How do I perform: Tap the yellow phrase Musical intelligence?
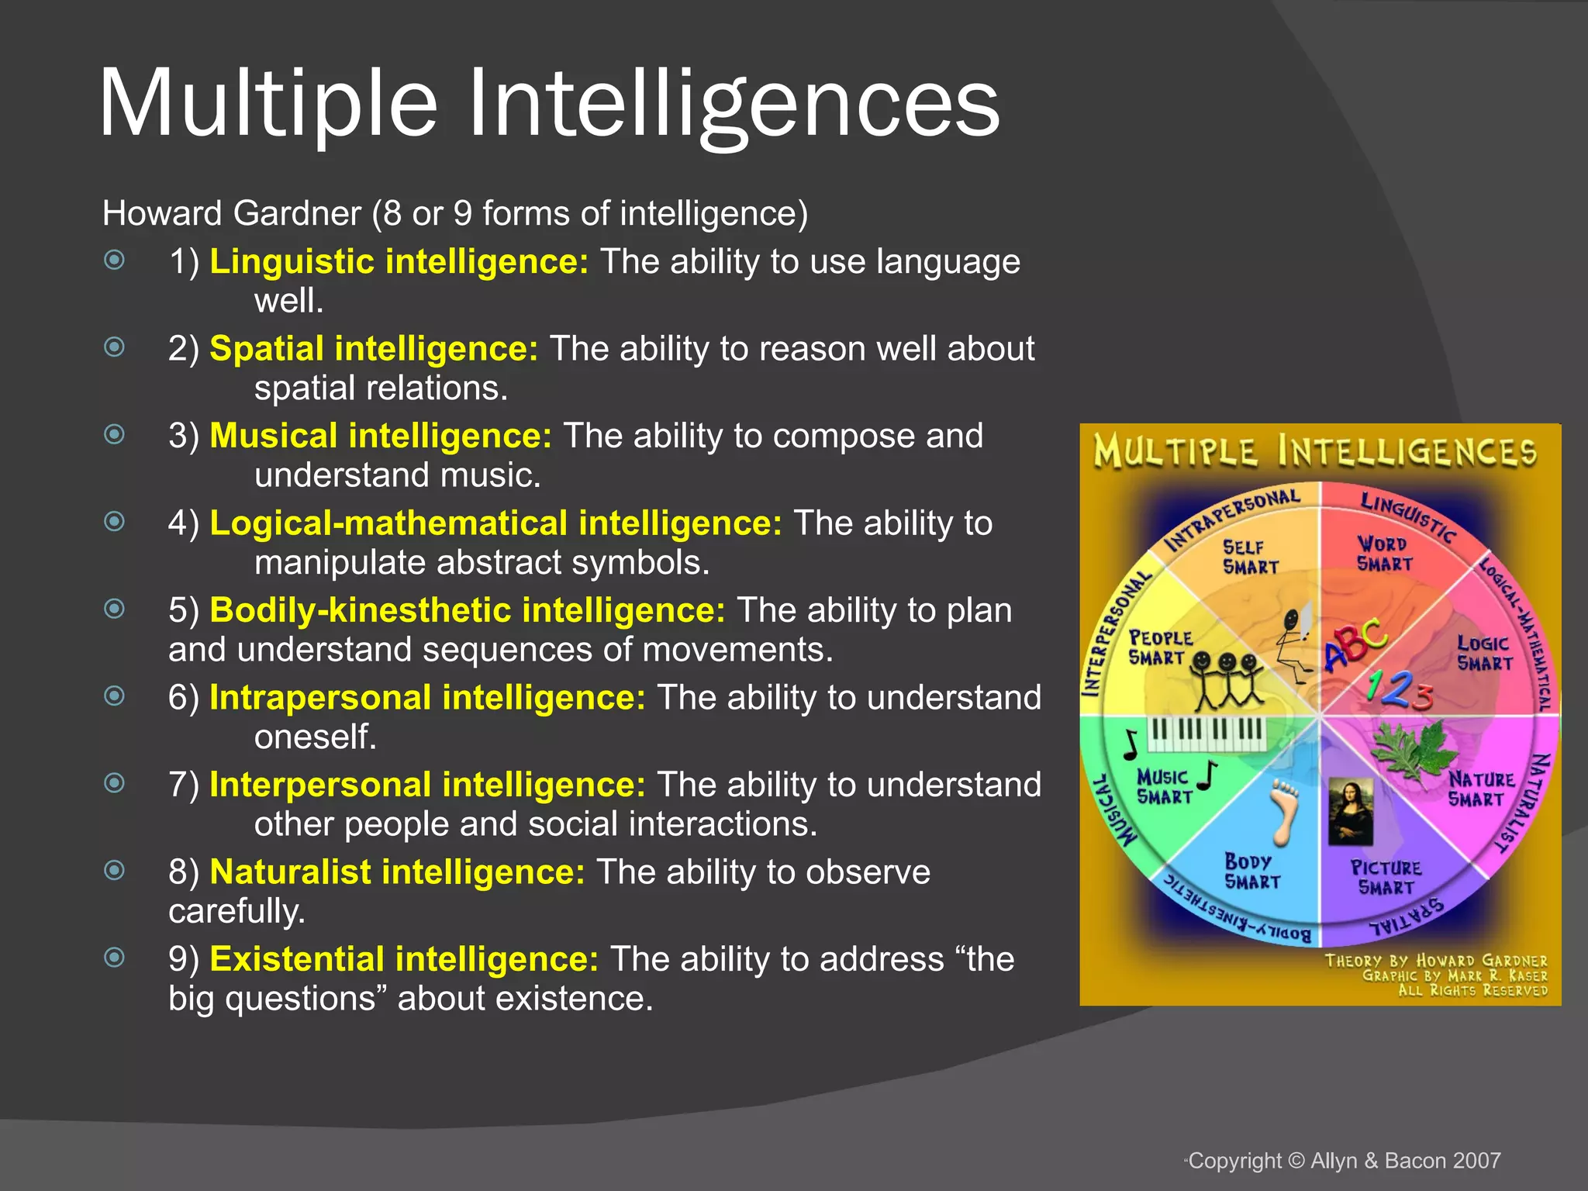380,436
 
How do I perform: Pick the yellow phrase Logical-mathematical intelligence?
495,523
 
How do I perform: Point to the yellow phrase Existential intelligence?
403,959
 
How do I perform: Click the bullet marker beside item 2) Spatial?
115,347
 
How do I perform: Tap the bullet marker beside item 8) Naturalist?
115,871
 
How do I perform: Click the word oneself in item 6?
315,737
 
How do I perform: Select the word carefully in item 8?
236,911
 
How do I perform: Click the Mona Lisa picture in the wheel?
1350,811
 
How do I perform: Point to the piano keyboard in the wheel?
1207,732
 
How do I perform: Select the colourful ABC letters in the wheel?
1355,644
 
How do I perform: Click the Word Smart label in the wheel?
1384,554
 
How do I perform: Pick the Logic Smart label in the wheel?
1484,653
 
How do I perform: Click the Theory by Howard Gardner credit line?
1435,961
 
